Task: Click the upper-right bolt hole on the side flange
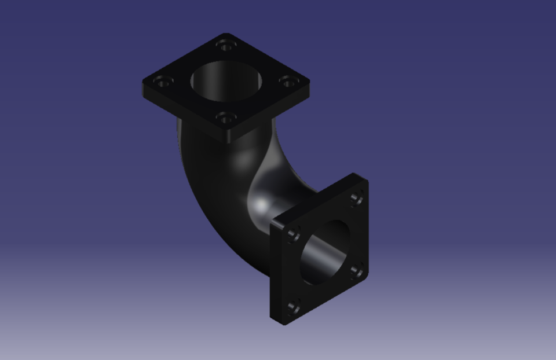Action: point(357,199)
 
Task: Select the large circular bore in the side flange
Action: point(324,252)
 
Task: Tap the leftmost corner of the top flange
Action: point(144,85)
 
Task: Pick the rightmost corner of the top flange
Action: point(309,82)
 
